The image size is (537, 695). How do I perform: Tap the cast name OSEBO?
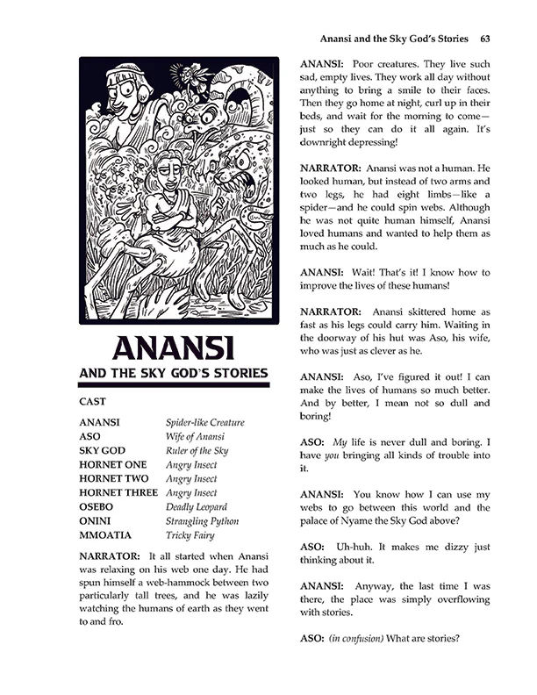coord(97,506)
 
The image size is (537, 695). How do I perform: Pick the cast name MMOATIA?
coord(106,534)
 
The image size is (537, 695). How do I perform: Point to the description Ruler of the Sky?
coord(197,450)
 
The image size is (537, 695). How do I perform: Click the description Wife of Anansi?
coord(195,436)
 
